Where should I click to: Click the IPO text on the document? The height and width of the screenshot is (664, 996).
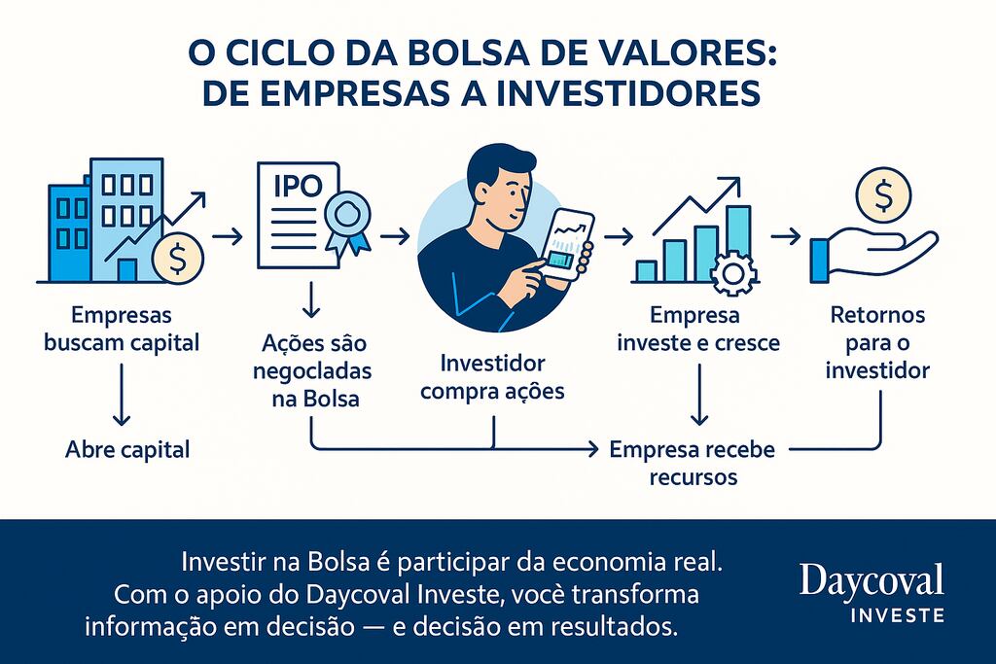[300, 187]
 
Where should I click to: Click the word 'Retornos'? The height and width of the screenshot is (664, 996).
[878, 316]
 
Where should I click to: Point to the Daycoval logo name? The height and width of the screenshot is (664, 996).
[871, 580]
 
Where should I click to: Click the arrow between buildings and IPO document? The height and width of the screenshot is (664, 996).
[227, 236]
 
